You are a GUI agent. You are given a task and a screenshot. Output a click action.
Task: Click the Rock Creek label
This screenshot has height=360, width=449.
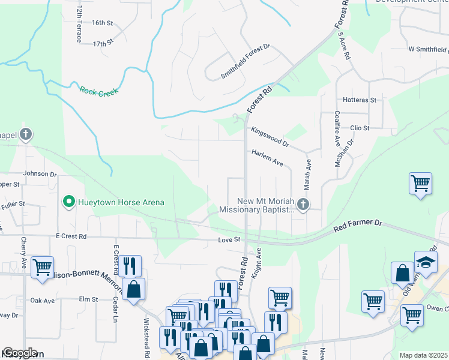click(x=98, y=91)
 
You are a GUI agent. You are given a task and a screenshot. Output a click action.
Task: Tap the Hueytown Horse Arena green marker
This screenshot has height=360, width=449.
click(x=69, y=202)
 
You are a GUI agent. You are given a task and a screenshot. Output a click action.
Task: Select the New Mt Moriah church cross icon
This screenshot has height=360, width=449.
click(x=303, y=205)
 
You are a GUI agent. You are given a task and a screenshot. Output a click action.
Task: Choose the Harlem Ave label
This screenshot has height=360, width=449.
click(x=267, y=158)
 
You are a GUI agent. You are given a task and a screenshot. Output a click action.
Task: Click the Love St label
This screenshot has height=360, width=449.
click(x=229, y=240)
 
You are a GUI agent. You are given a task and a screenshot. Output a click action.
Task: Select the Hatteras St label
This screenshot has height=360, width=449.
click(x=360, y=100)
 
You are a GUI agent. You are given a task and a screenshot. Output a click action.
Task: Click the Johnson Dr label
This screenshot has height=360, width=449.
click(x=40, y=175)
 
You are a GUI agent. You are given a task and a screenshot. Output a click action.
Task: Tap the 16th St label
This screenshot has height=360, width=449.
click(x=103, y=23)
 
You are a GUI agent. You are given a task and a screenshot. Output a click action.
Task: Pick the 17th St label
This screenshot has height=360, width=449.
click(x=103, y=44)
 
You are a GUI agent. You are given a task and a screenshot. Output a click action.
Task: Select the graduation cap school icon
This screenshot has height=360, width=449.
click(x=426, y=263)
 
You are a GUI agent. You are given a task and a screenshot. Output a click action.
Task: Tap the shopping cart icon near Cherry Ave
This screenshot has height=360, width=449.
click(x=42, y=267)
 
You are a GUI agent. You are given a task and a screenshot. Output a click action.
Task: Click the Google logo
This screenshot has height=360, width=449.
click(x=19, y=353)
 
